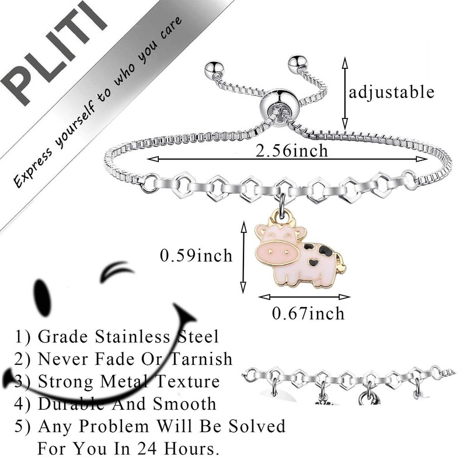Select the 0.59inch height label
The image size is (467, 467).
coord(197,255)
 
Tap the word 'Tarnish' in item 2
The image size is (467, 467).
coord(201,358)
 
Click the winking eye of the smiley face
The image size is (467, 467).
coord(117,273)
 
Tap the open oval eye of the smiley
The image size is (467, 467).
coord(41,288)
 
